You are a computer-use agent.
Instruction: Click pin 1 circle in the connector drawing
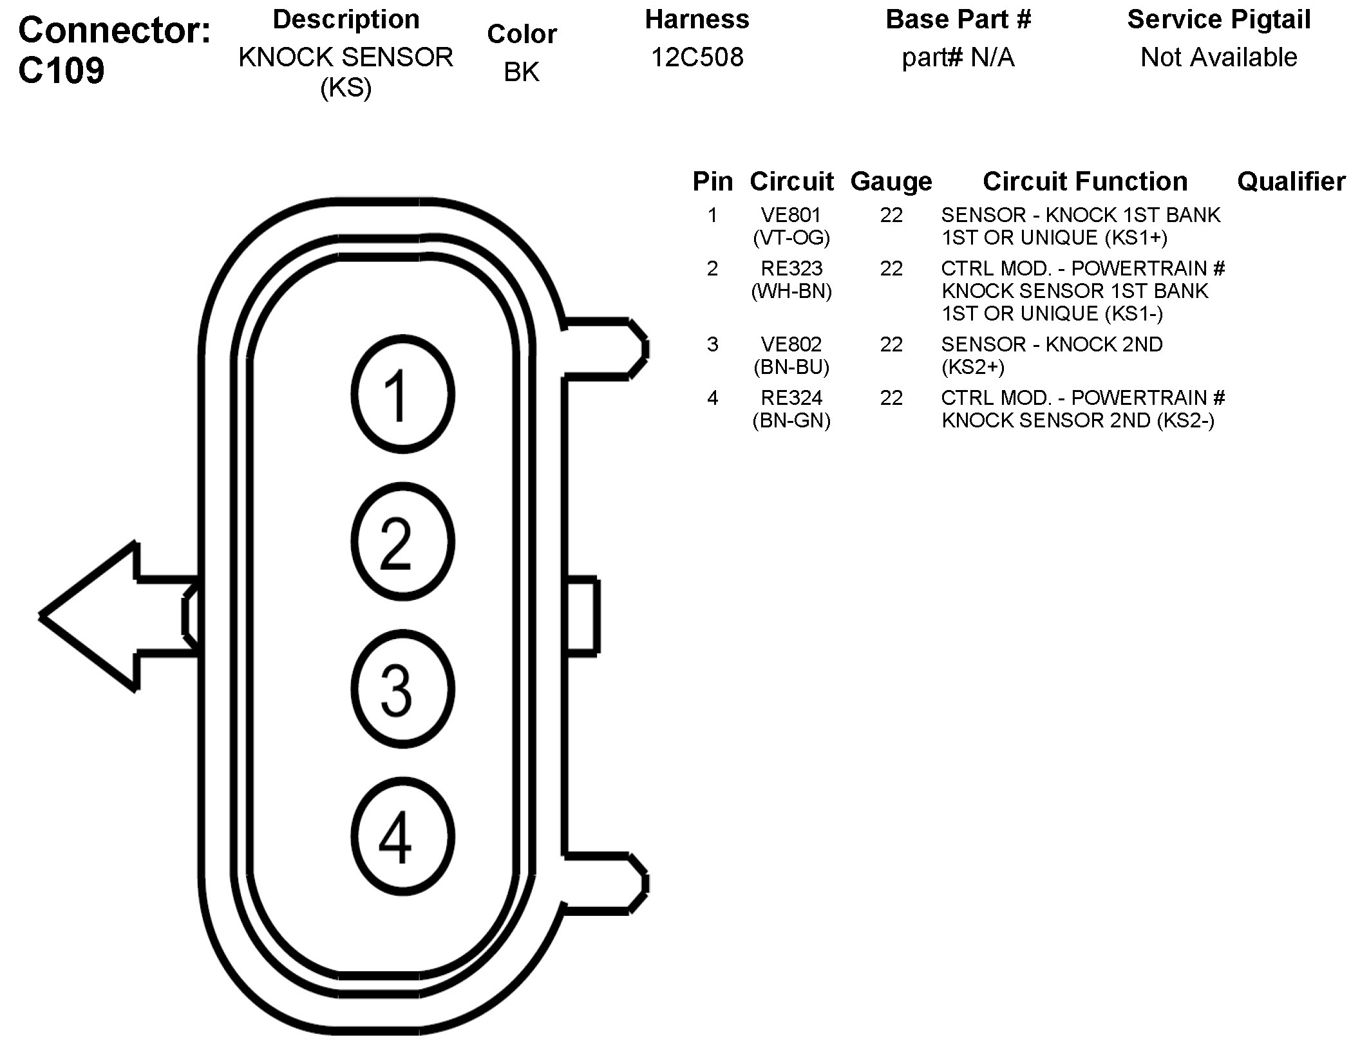[403, 395]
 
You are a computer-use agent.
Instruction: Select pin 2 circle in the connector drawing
[403, 541]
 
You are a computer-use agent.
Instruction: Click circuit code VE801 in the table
[791, 215]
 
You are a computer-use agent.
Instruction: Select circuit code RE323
[791, 268]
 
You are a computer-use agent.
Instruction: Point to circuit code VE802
[791, 344]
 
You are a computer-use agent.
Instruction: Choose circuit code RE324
[791, 398]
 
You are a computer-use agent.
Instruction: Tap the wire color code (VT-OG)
[791, 238]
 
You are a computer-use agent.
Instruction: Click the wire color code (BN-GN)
[791, 421]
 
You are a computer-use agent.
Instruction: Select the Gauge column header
[891, 182]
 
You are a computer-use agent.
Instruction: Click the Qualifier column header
[1290, 182]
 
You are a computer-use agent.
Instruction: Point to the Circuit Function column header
[1084, 182]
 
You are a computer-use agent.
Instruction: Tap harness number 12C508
[697, 57]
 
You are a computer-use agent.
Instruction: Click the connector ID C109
[61, 70]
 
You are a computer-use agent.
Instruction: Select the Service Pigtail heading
[1218, 19]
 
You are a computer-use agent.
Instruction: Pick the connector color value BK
[521, 71]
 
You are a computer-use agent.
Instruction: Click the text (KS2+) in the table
[972, 368]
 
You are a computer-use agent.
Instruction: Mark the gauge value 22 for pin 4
[891, 398]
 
